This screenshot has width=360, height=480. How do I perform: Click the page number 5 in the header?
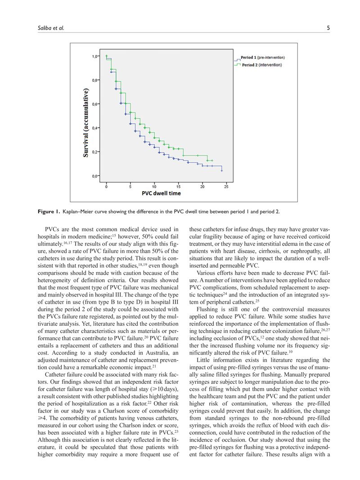click(328, 28)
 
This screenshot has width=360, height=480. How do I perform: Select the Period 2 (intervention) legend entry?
click(261, 65)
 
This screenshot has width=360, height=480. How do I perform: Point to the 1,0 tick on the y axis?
click(95, 56)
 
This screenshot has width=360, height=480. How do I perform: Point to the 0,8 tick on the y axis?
click(95, 80)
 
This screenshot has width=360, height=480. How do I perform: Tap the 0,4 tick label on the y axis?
click(95, 128)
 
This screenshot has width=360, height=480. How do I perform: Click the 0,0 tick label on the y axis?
click(95, 176)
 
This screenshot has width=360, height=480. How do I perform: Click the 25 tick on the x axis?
click(226, 186)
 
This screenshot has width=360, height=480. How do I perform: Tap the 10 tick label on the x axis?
click(154, 186)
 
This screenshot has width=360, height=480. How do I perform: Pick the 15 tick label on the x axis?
click(178, 186)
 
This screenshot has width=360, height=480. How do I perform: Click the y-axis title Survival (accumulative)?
click(85, 123)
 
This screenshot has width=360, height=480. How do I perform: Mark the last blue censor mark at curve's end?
click(222, 170)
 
